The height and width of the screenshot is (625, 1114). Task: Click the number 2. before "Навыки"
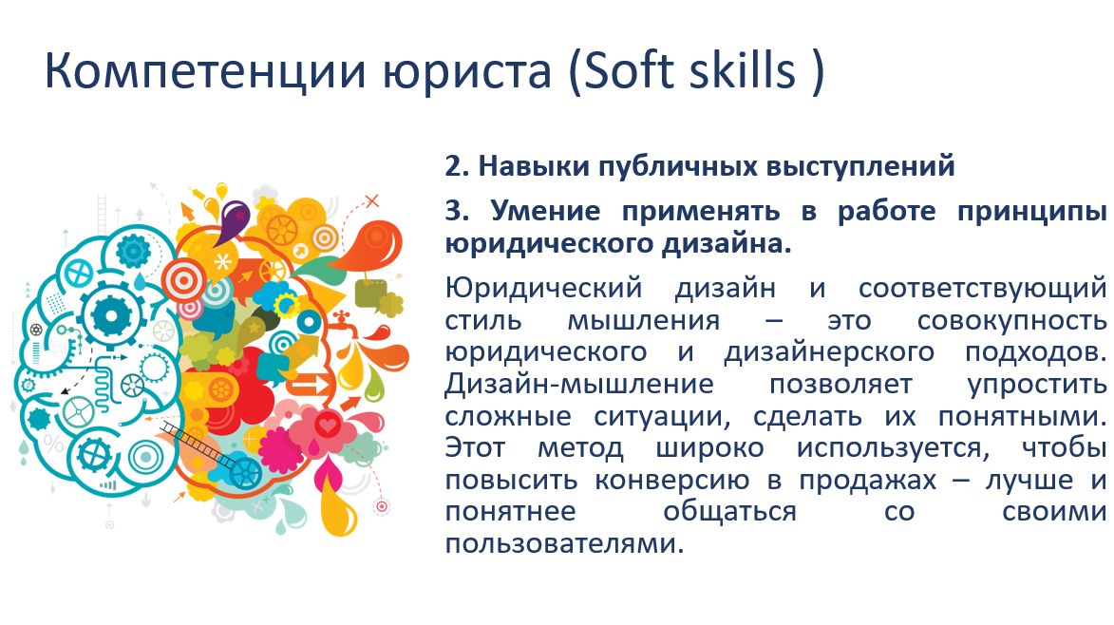[x=458, y=166]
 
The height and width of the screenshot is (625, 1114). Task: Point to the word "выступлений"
[x=860, y=167]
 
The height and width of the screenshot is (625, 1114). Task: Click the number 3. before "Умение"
[x=458, y=211]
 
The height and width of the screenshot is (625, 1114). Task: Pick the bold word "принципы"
[x=1031, y=213]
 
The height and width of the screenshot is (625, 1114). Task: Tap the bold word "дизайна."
[x=727, y=243]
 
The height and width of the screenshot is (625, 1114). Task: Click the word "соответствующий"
[x=983, y=289]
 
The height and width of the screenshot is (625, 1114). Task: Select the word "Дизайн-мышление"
[x=579, y=385]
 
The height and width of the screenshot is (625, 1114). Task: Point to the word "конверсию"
[x=672, y=481]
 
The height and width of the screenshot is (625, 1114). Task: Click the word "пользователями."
[x=564, y=544]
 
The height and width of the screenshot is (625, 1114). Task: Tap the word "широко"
[x=709, y=449]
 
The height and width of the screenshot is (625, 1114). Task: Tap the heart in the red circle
[x=329, y=426]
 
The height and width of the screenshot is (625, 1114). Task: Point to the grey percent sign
[x=53, y=444]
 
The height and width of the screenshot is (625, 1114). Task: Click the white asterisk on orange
[x=222, y=262]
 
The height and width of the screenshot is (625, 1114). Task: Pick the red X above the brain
[x=371, y=201]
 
